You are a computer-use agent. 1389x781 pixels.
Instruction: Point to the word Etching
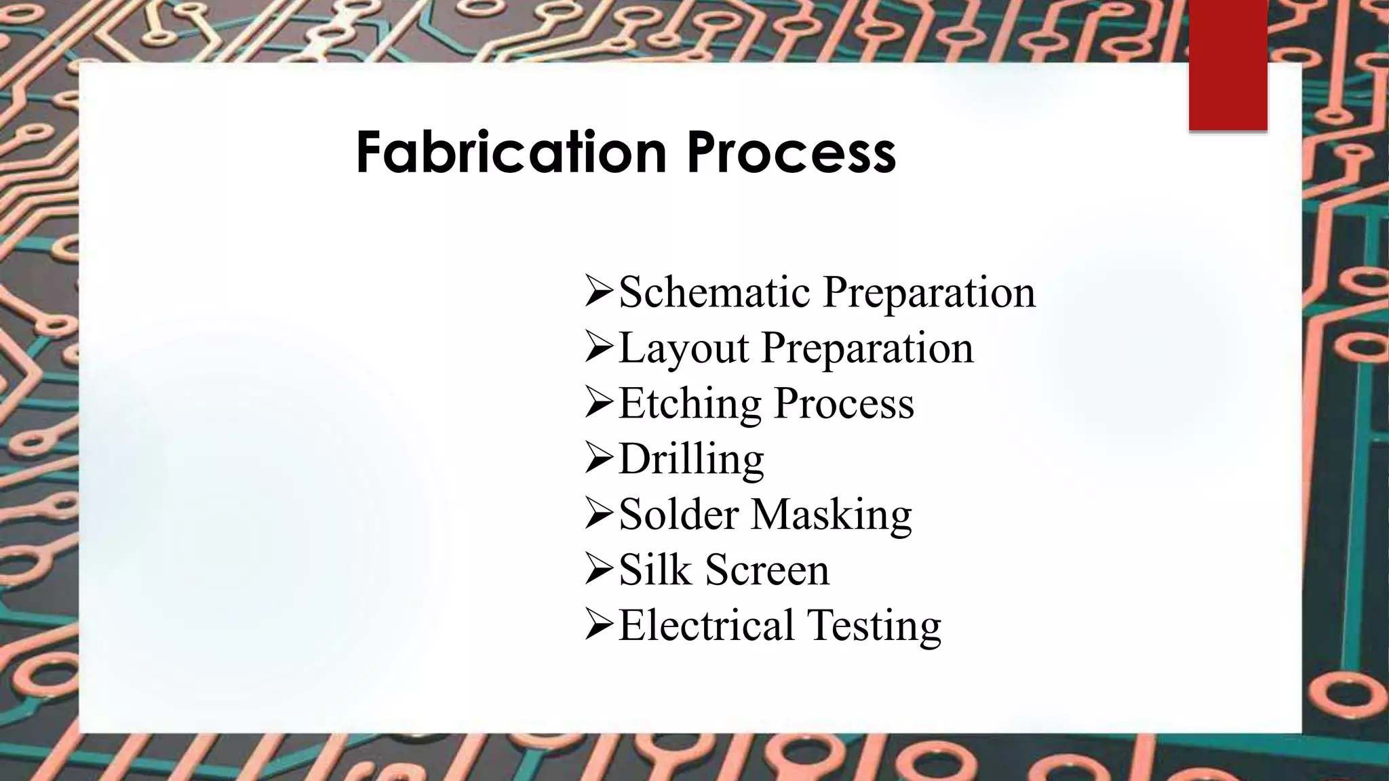pyautogui.click(x=690, y=403)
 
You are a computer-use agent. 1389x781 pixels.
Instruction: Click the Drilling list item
pyautogui.click(x=691, y=459)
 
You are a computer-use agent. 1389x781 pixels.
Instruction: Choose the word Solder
pyautogui.click(x=678, y=514)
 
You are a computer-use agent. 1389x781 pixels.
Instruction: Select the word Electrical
pyautogui.click(x=706, y=625)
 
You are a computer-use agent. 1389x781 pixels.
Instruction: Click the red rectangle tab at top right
pyautogui.click(x=1228, y=65)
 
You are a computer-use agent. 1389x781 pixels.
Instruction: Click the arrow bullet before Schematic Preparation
pyautogui.click(x=599, y=293)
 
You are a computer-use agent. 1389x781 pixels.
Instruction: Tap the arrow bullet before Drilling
pyautogui.click(x=599, y=460)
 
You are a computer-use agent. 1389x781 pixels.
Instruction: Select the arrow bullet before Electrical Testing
pyautogui.click(x=599, y=626)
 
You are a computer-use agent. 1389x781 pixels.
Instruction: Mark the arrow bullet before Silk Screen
pyautogui.click(x=599, y=570)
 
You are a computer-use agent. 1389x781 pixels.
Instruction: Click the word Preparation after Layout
pyautogui.click(x=867, y=348)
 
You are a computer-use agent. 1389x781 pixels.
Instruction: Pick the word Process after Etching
pyautogui.click(x=844, y=403)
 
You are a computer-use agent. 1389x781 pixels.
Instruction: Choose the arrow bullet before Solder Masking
pyautogui.click(x=599, y=515)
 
